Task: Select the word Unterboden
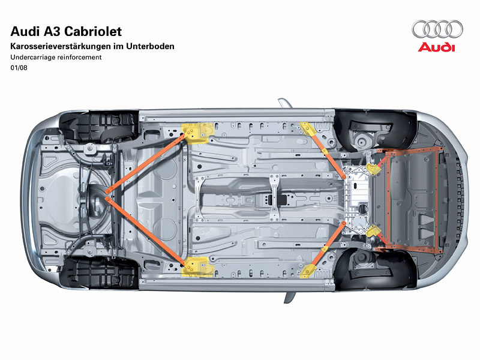point(152,46)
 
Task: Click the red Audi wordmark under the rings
point(437,47)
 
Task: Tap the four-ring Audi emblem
point(437,28)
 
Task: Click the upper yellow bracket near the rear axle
point(197,133)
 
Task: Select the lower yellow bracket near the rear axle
point(197,266)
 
